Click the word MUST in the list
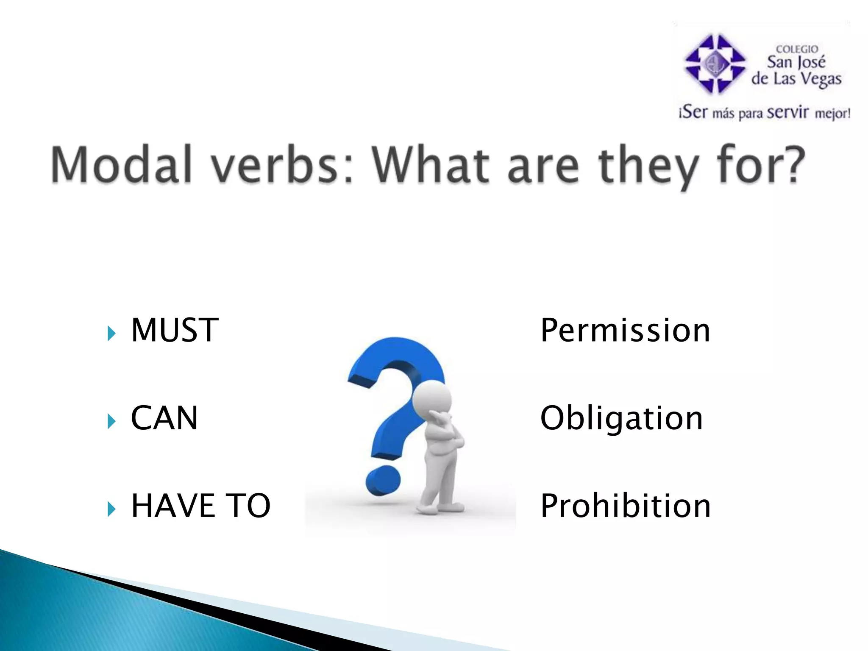coord(175,331)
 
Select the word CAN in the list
coord(164,418)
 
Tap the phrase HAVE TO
coord(200,506)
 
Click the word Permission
coord(625,331)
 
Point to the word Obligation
coord(621,418)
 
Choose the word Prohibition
coord(625,506)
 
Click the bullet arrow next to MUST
coord(111,334)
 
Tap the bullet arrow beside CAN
coord(111,421)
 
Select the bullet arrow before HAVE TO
coord(111,509)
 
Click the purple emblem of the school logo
coord(715,64)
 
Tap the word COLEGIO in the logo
coord(797,49)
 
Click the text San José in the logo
coord(796,63)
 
